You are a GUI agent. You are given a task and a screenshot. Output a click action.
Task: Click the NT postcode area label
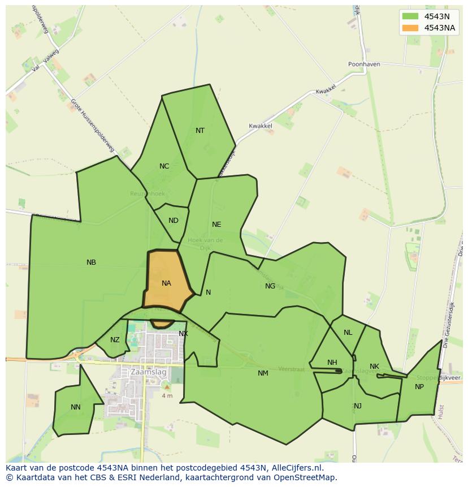tap(200, 131)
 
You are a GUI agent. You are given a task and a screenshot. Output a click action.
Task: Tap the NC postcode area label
tap(164, 166)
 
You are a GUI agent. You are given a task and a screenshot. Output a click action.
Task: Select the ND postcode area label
tap(174, 221)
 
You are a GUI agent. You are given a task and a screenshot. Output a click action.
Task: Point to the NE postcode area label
tap(216, 225)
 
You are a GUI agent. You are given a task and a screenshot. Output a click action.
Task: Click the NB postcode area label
tap(91, 262)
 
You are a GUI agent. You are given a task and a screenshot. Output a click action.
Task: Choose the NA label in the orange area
tap(166, 283)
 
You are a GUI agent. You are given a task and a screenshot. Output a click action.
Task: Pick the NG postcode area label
tap(270, 286)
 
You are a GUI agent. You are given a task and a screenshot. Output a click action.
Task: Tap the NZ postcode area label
tap(115, 340)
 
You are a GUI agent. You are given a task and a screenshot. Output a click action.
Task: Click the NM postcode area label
tap(263, 373)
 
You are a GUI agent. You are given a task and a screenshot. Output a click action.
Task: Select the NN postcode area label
tap(76, 407)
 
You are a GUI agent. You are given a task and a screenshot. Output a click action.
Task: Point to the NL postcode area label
tap(348, 333)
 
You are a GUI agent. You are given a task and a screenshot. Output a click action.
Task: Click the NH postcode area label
tap(332, 363)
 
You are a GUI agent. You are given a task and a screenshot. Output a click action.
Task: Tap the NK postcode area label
tap(374, 367)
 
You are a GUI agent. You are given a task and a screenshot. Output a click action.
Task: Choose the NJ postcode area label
tap(358, 406)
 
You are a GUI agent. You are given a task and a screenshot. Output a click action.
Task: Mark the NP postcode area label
tap(419, 387)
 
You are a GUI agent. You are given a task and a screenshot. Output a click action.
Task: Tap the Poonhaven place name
tap(363, 64)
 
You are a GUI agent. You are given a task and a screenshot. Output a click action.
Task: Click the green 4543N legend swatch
tap(410, 16)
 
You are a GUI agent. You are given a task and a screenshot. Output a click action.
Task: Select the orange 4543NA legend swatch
tap(410, 28)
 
